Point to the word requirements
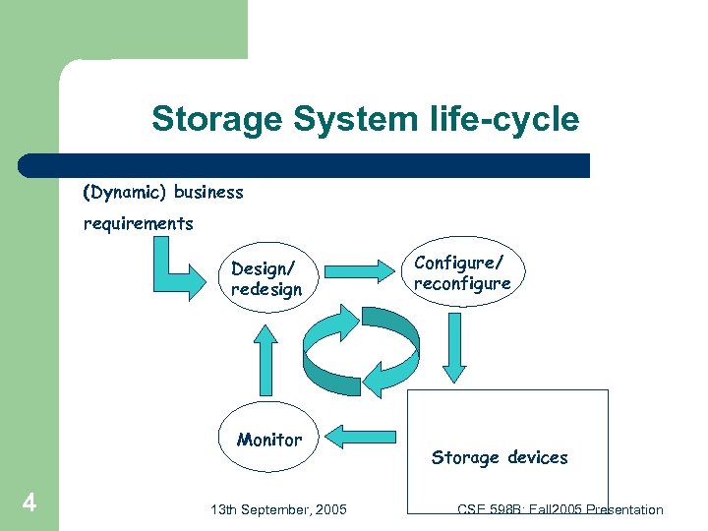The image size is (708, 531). tap(138, 224)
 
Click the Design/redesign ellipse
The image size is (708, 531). tap(267, 279)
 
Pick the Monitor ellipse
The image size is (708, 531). tap(268, 440)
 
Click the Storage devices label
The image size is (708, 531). tap(500, 457)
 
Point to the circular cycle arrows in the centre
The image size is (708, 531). tap(361, 350)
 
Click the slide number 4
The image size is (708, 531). tap(29, 504)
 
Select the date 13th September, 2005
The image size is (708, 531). tap(278, 509)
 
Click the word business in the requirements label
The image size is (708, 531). tap(208, 193)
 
